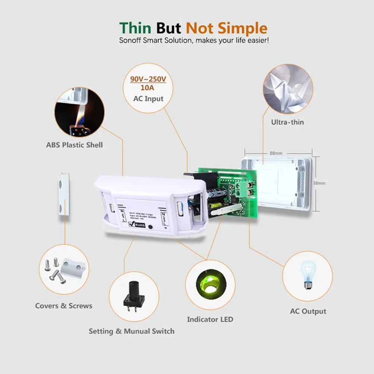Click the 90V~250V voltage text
[148, 80]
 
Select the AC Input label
[148, 99]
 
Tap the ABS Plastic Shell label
[74, 144]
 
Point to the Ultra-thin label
[287, 122]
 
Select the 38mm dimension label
[319, 183]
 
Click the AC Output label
[308, 311]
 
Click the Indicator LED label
[210, 320]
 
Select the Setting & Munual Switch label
[131, 331]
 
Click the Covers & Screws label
[64, 306]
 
